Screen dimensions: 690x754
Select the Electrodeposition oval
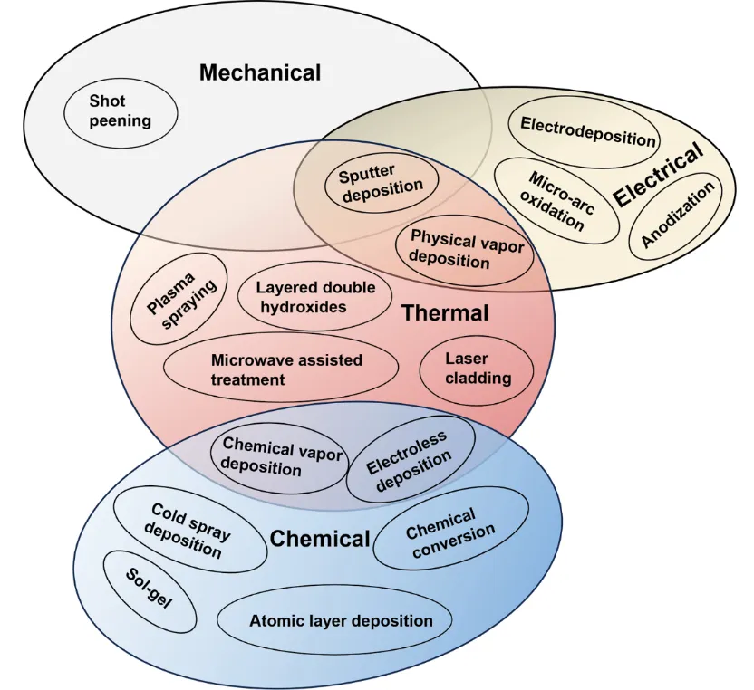coord(587,139)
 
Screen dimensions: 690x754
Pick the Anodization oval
coord(678,214)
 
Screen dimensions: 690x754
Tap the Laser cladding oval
coord(478,368)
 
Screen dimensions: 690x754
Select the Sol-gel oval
coord(149,590)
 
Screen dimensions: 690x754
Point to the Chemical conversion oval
coord(449,532)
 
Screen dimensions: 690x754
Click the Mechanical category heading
coord(260,72)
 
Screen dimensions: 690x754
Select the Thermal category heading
coord(444,314)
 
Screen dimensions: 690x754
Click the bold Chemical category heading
coord(320,540)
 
